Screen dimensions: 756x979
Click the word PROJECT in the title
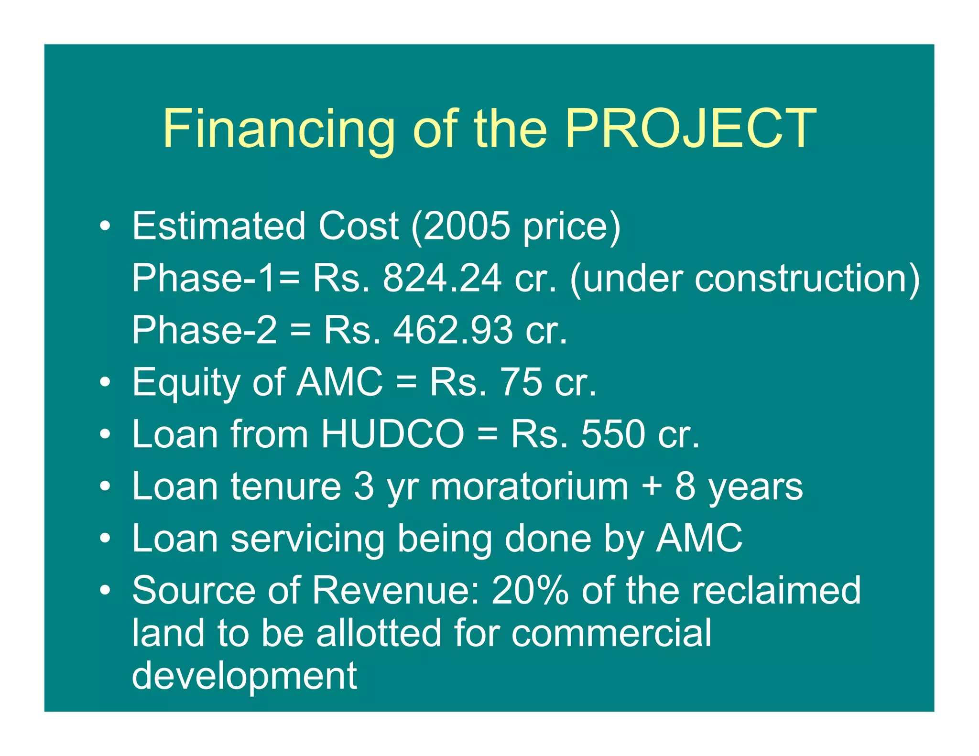click(x=690, y=128)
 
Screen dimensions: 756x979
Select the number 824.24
click(x=442, y=278)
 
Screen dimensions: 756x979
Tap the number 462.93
click(x=453, y=330)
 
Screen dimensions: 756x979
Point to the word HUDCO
click(x=392, y=434)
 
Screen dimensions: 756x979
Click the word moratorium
click(x=529, y=486)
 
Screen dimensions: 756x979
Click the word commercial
click(x=611, y=633)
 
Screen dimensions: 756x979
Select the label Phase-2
click(x=204, y=330)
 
